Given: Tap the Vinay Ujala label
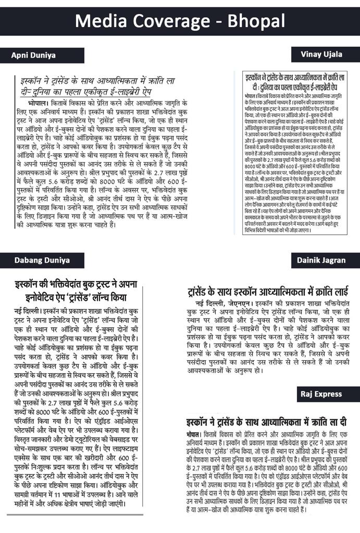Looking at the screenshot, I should click(321, 54).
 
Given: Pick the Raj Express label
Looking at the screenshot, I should click(321, 394).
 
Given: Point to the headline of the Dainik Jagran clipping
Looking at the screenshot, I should click(267, 290).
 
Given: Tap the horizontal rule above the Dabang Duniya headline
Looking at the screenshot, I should click(76, 277).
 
